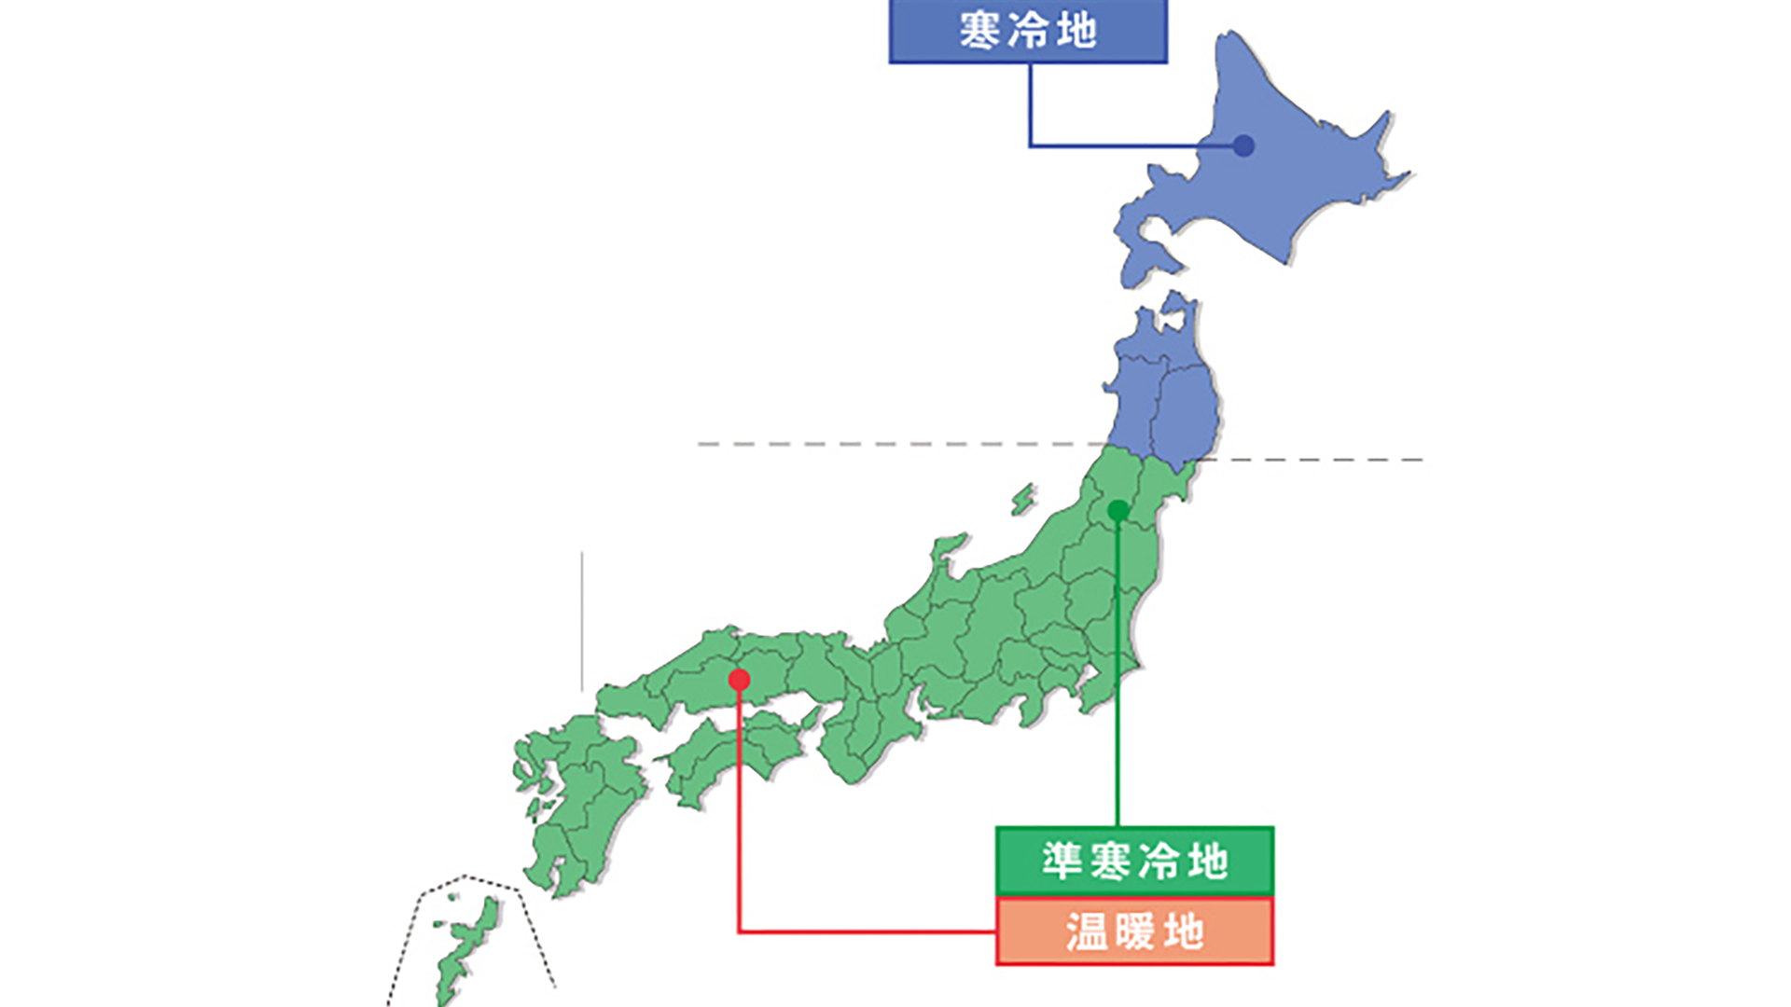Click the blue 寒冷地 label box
pos(1027,31)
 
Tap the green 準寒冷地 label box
pos(1134,861)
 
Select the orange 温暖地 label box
pos(1134,931)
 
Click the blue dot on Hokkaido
pos(1243,145)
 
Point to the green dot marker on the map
pos(1118,511)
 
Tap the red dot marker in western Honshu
pos(739,680)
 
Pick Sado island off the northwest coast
pos(1023,500)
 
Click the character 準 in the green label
pos(1062,861)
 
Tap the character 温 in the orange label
pos(1086,931)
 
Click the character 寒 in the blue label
pos(979,31)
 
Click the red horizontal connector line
pos(868,931)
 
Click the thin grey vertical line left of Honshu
pos(582,620)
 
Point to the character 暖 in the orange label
pos(1134,931)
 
